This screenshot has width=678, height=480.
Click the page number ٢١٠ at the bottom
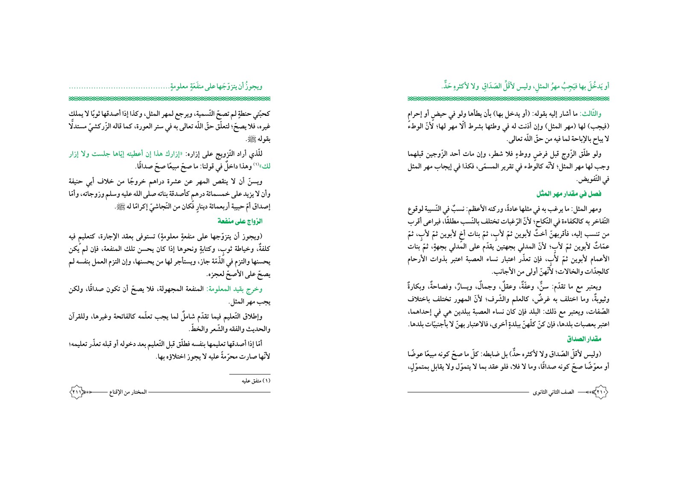600,392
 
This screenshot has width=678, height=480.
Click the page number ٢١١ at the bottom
77,392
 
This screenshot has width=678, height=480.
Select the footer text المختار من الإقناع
128,392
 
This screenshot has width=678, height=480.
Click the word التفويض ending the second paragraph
597,180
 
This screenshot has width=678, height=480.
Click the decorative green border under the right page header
508,99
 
